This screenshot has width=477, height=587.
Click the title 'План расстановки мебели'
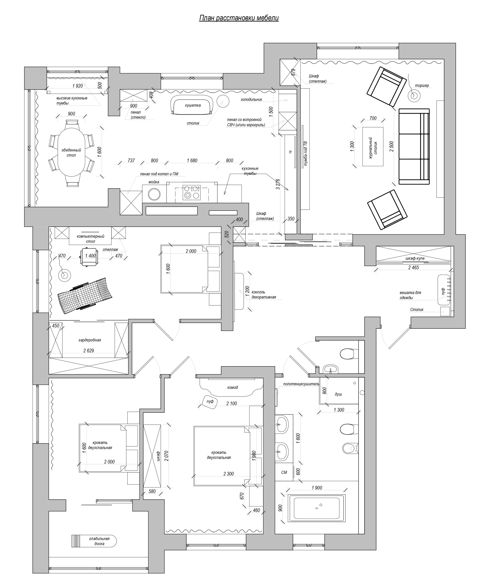point(239,18)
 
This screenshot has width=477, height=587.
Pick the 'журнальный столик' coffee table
point(373,146)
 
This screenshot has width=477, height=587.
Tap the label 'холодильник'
point(251,100)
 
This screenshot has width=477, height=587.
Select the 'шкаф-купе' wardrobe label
point(415,258)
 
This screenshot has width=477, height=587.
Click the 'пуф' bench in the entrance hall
point(444,289)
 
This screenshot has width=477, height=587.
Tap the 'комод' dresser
point(231,387)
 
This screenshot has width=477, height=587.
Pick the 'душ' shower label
point(338,394)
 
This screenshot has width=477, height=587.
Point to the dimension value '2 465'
point(413,267)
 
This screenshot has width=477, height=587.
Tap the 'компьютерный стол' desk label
point(90,239)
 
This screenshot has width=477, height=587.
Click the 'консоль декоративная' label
point(264,295)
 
